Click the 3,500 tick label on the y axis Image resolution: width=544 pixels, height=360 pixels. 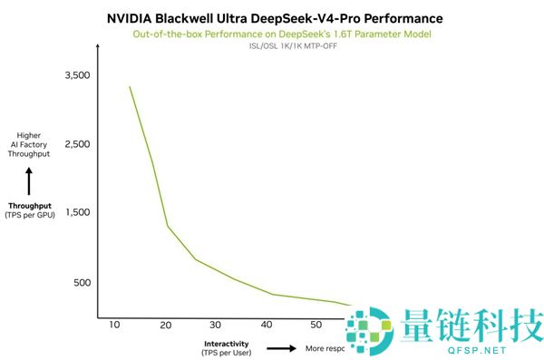point(77,75)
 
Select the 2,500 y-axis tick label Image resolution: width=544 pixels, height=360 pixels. point(77,144)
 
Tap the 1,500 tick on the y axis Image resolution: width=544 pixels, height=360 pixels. point(77,213)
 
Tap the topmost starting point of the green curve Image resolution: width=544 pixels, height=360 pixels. point(130,87)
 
